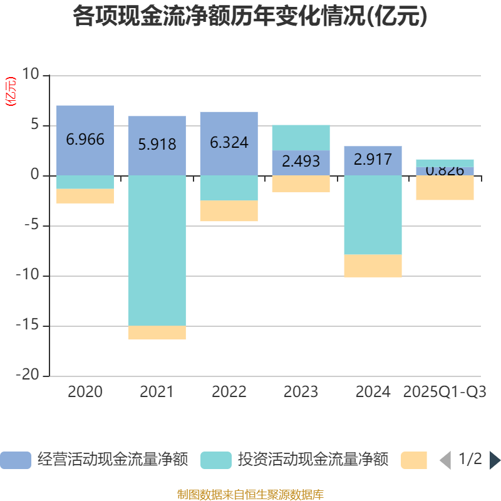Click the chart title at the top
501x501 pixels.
click(250, 17)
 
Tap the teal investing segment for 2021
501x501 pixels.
click(157, 250)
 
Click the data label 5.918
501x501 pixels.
click(157, 145)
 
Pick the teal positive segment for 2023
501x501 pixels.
click(301, 138)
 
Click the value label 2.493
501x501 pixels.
click(301, 162)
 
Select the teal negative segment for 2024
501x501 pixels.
click(373, 215)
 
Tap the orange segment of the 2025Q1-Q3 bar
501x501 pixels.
click(445, 188)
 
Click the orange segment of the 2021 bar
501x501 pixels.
click(157, 333)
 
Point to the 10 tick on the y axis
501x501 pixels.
click(30, 75)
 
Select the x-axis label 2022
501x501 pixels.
click(229, 393)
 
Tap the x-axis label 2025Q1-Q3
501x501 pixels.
click(445, 393)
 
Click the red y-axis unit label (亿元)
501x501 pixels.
click(11, 92)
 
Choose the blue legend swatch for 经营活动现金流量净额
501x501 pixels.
click(16, 460)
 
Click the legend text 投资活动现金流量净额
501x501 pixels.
click(312, 460)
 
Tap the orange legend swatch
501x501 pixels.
click(414, 460)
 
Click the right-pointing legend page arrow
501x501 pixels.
click(495, 460)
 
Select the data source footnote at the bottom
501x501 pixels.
click(250, 495)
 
